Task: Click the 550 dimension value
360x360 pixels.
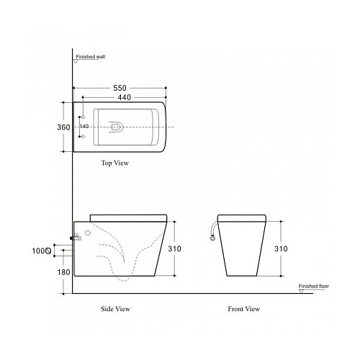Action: click(120, 88)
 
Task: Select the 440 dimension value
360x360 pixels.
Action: click(125, 97)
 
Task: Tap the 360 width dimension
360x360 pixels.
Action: click(63, 127)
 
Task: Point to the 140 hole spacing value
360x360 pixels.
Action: click(84, 127)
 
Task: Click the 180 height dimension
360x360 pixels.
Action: click(63, 272)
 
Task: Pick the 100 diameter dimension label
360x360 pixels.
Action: click(42, 251)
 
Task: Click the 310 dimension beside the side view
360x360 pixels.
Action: click(174, 248)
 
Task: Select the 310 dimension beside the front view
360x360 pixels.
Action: click(281, 248)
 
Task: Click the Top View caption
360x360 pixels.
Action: click(115, 163)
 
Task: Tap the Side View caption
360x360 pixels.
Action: click(115, 309)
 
